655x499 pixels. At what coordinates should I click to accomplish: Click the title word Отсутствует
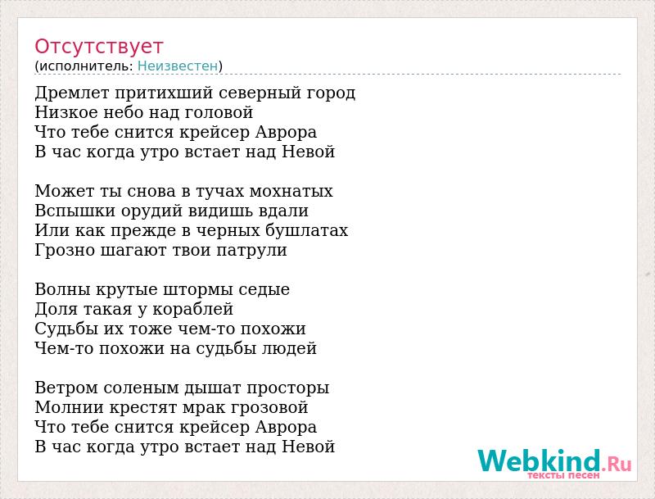coord(98,47)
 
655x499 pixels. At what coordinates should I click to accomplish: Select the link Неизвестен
coord(178,66)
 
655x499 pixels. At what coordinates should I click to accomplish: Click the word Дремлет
coord(72,93)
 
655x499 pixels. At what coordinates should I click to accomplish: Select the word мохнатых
coord(291,191)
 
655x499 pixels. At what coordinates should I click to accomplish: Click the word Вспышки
coord(75,211)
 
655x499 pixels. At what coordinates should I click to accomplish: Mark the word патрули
coord(251,251)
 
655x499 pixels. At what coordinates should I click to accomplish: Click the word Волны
coord(63,289)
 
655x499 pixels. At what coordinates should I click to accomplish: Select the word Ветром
coord(66,388)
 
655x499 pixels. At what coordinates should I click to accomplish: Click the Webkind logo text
coord(554,460)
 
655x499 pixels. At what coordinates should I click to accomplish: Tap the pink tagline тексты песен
coord(563,475)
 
